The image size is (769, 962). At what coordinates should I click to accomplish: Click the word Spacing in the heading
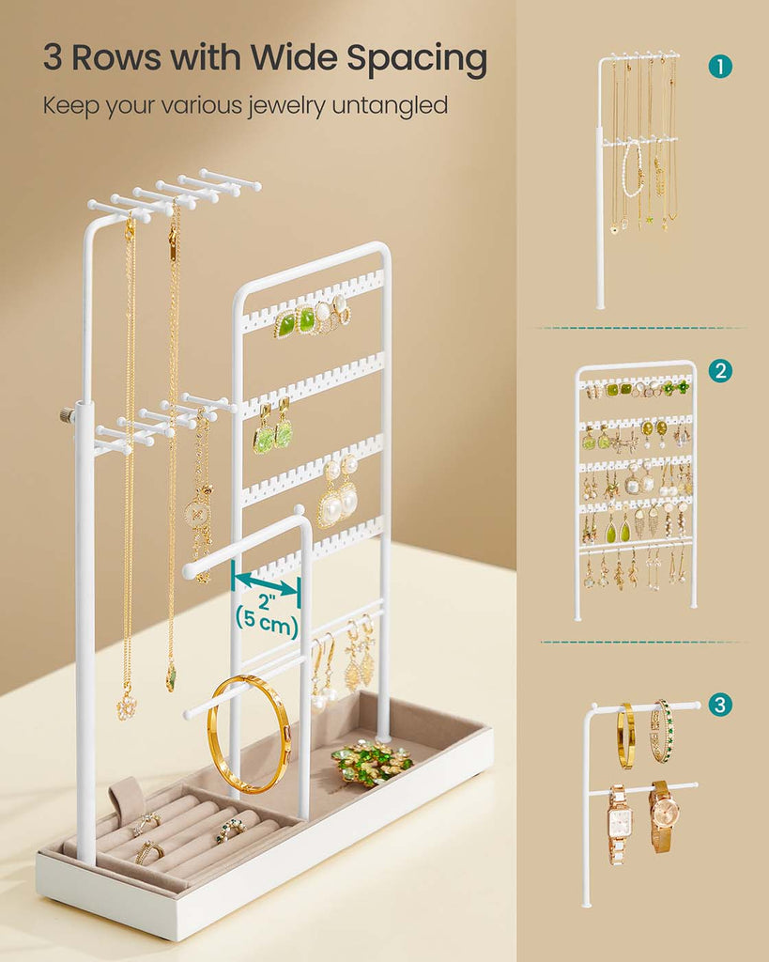click(x=416, y=59)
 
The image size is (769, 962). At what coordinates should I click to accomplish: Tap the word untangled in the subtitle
click(x=390, y=105)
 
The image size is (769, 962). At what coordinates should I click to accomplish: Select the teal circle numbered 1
click(x=720, y=67)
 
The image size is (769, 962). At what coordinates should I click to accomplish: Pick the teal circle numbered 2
click(x=720, y=370)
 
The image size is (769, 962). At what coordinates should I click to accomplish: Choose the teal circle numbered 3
click(x=720, y=705)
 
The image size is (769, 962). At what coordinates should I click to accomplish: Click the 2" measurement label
click(x=268, y=602)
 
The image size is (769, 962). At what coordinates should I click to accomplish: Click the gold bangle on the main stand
click(x=249, y=734)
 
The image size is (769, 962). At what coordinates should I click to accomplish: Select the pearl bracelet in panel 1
click(x=632, y=171)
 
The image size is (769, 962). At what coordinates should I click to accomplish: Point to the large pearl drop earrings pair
click(x=338, y=490)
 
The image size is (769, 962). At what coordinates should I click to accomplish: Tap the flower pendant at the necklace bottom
click(x=127, y=706)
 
